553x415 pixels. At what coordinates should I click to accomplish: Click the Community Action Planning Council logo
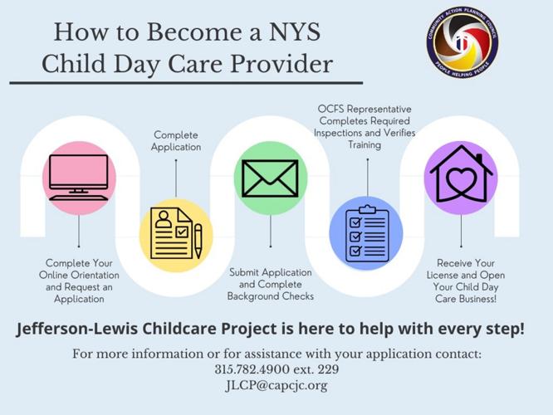[x=463, y=41]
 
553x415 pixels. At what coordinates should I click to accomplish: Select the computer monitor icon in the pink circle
[x=79, y=177]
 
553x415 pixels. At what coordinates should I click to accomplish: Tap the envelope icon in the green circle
[x=270, y=178]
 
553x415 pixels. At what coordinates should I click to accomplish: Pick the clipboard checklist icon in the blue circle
[x=366, y=235]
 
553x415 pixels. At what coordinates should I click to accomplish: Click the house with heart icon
[x=462, y=177]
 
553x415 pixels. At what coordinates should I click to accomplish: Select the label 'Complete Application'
[x=177, y=140]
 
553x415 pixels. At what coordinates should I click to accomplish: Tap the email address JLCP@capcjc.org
[x=276, y=385]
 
